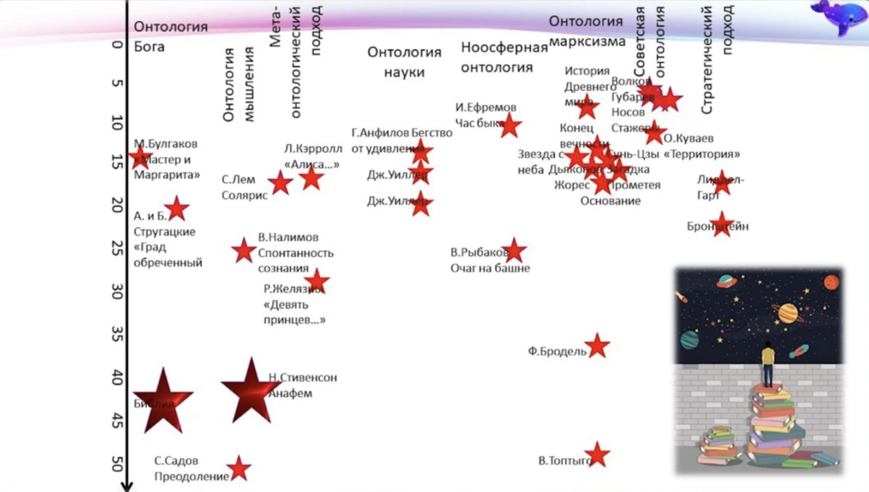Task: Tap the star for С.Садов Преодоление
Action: (239, 468)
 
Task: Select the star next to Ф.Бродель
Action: (597, 346)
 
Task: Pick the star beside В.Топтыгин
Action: (597, 455)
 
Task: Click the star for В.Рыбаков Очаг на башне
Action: (513, 250)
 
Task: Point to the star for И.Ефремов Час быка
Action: (510, 126)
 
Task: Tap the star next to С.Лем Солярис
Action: (281, 182)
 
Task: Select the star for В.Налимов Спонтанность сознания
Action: (244, 250)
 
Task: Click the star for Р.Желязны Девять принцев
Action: (317, 281)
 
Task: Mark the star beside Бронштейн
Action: (722, 224)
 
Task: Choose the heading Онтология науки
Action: (404, 62)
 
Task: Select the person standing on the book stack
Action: (768, 364)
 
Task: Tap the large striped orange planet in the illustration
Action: (788, 313)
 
